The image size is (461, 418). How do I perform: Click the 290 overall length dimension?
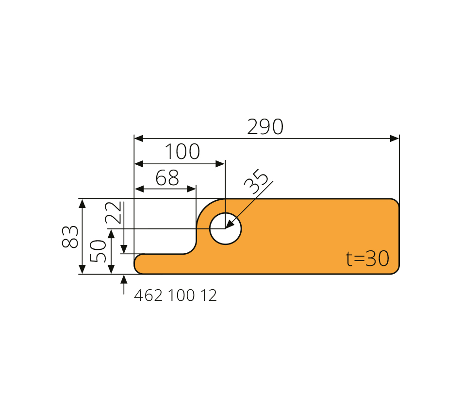tap(265, 127)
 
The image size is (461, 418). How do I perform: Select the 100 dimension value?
tap(182, 152)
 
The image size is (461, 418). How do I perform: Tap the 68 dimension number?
tap(167, 177)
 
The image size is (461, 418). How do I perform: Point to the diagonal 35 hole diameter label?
tap(256, 181)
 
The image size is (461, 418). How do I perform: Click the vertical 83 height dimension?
tap(70, 237)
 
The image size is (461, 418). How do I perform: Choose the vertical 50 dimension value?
tap(98, 251)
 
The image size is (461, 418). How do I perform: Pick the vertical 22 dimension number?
tap(113, 212)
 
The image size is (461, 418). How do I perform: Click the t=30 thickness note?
tap(367, 259)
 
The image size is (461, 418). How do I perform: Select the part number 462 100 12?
tap(175, 295)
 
